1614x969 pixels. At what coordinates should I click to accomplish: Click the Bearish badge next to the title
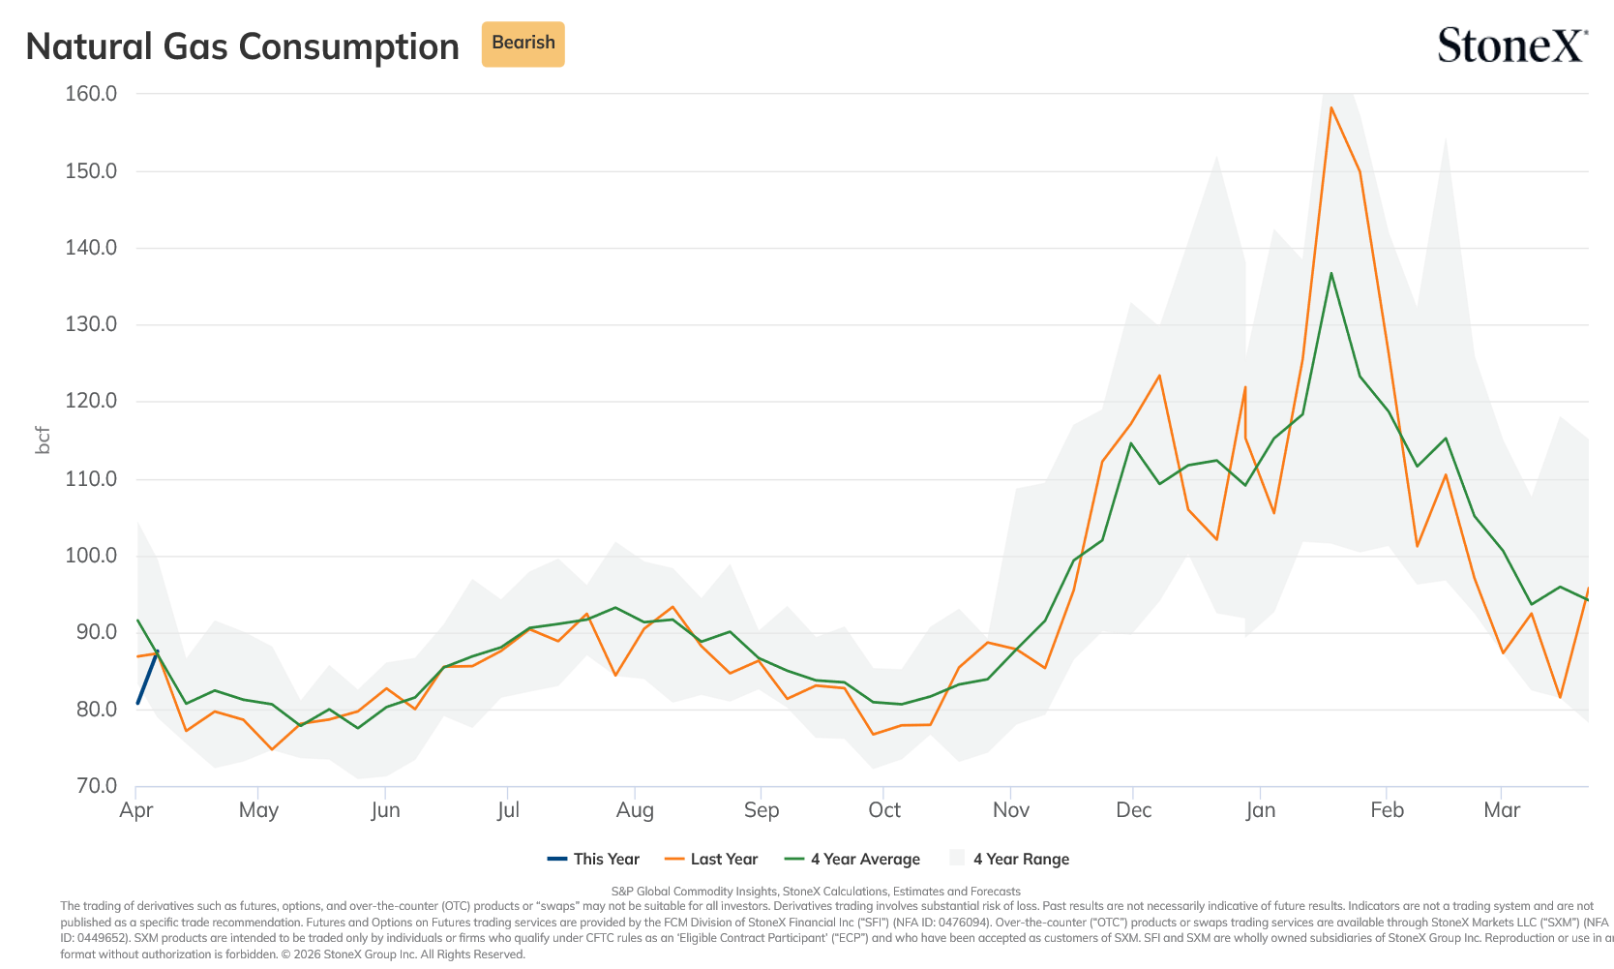click(523, 44)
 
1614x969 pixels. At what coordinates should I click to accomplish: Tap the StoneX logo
click(1512, 45)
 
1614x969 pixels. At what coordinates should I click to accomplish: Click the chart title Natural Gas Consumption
click(242, 46)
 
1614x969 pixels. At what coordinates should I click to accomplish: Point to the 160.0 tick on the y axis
click(91, 94)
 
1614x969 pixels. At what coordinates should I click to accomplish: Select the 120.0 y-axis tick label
click(91, 401)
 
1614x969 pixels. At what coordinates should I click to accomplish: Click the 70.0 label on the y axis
click(97, 785)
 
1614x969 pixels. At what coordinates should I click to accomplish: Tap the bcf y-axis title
click(44, 440)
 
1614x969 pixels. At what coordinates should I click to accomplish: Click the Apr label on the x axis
click(136, 810)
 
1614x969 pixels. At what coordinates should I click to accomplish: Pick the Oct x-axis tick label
click(884, 810)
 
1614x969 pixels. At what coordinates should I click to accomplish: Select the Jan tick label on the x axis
click(1260, 810)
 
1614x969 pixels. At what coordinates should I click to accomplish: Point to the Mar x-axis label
click(1502, 810)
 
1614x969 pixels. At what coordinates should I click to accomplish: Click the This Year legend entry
click(593, 859)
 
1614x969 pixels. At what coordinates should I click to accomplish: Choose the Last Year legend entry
click(711, 859)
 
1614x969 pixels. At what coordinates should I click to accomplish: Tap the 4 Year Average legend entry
click(852, 859)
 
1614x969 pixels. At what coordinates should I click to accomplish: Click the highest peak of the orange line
click(1330, 108)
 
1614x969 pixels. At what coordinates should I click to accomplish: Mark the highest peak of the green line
click(1330, 273)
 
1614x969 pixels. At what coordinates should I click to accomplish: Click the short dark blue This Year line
click(148, 677)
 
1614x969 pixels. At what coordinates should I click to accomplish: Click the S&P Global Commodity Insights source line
click(816, 892)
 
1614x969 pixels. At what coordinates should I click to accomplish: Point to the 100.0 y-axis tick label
click(91, 555)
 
